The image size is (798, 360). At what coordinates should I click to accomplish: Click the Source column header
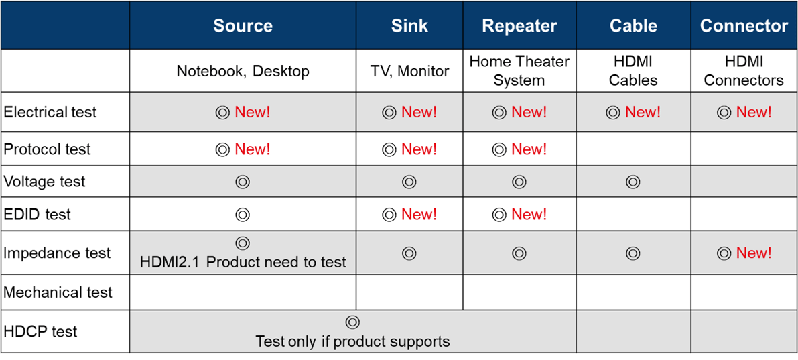coord(243,26)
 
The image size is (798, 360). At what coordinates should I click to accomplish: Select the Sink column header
coord(409,26)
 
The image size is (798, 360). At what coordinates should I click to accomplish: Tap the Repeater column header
coord(519,26)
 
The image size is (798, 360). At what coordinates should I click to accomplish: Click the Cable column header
coord(633,26)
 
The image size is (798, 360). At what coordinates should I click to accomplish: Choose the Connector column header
coord(744,26)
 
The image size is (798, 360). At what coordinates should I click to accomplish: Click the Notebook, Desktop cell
coord(243,71)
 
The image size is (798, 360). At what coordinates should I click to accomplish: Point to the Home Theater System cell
coord(519,71)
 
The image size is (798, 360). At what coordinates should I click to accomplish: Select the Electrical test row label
coord(50,112)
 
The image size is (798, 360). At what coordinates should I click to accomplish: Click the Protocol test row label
coord(47,149)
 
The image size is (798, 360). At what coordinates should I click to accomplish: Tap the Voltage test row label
coord(45,182)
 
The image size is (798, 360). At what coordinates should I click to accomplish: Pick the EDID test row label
coord(38,215)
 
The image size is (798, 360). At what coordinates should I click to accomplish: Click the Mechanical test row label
coord(58,292)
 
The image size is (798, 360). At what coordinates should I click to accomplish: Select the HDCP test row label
coord(40,331)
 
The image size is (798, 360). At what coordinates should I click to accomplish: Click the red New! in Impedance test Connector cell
coord(754,253)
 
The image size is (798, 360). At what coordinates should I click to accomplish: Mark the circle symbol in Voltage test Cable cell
coord(633,182)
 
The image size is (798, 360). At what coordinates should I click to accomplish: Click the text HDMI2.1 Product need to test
coord(243,262)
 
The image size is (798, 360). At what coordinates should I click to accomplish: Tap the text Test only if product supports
coord(352,341)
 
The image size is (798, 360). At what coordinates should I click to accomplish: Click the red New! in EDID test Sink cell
coord(419,215)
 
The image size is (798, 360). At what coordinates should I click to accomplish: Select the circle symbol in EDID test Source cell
coord(243,215)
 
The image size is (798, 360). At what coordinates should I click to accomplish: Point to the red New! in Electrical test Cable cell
coord(643,112)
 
